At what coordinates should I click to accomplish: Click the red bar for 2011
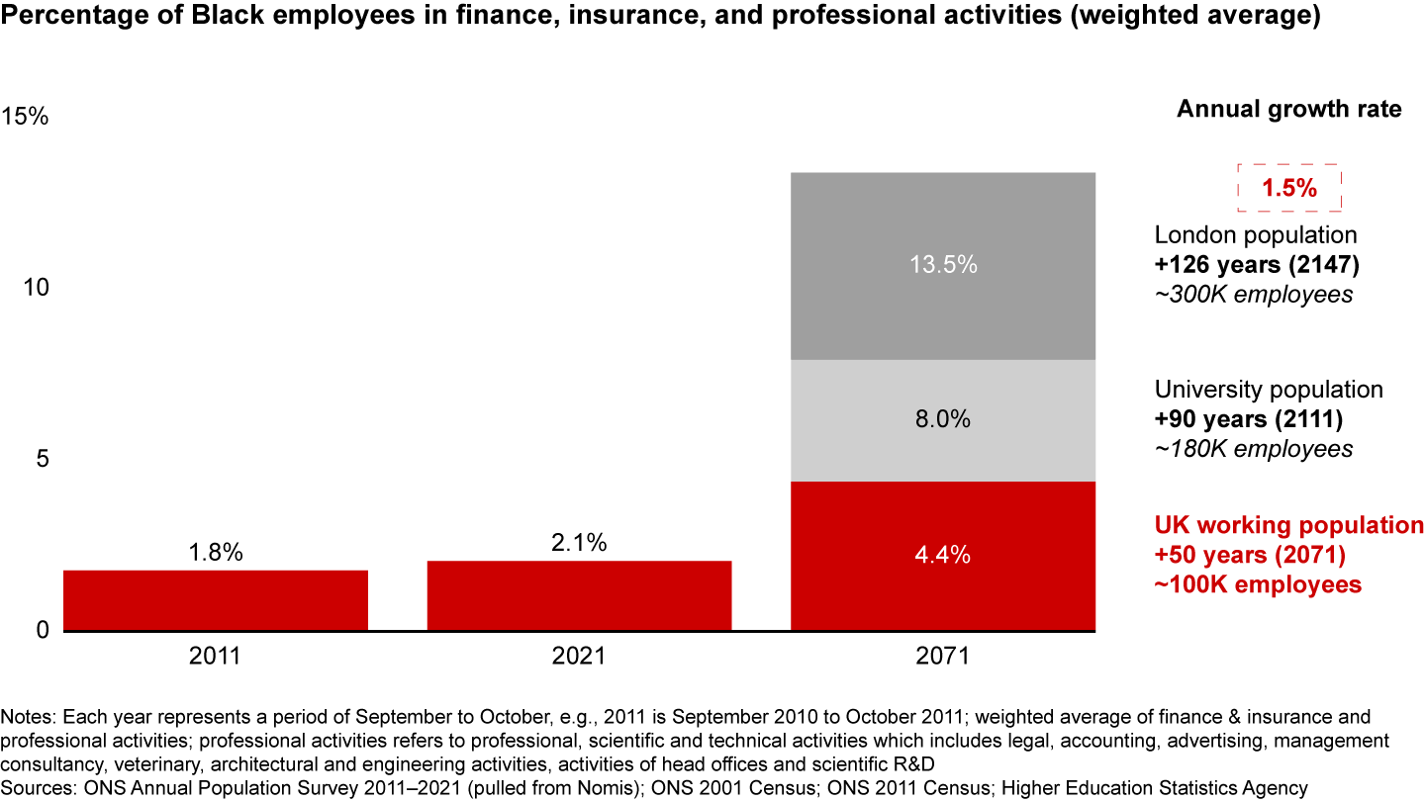tap(216, 600)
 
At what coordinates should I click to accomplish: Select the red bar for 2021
tap(579, 595)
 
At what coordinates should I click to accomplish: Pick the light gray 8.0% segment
tap(943, 420)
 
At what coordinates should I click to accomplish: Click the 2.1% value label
tap(579, 543)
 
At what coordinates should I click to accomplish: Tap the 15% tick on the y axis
tap(24, 117)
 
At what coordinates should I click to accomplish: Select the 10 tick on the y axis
tap(36, 288)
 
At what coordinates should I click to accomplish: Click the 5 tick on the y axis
tap(41, 460)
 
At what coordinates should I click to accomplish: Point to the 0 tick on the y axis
tap(41, 630)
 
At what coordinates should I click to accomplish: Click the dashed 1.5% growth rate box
tap(1288, 188)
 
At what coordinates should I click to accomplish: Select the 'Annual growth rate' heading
tap(1288, 109)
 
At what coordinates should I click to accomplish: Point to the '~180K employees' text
tap(1253, 448)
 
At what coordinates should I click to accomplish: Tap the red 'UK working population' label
tap(1288, 524)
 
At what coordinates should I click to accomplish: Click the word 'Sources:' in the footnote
tap(37, 788)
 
